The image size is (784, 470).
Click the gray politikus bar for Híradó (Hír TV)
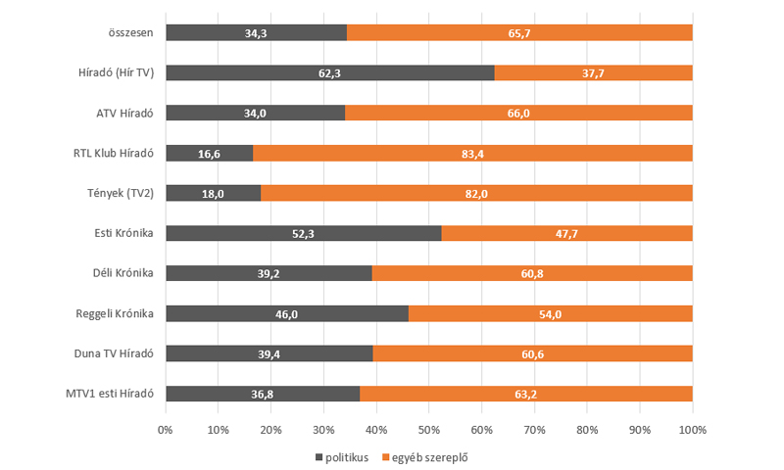329,72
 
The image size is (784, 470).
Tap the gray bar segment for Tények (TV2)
213,193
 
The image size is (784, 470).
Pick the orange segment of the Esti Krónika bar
566,233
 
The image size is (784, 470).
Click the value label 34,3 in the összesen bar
258,32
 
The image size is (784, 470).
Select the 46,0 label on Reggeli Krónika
287,313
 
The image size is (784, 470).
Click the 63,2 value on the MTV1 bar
526,394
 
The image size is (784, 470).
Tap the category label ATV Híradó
123,113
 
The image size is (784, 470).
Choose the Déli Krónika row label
122,273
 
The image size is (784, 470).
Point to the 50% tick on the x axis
429,430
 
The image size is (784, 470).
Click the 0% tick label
166,430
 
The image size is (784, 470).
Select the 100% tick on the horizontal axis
692,430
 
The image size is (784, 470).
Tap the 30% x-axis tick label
323,430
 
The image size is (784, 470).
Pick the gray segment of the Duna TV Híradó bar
269,353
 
